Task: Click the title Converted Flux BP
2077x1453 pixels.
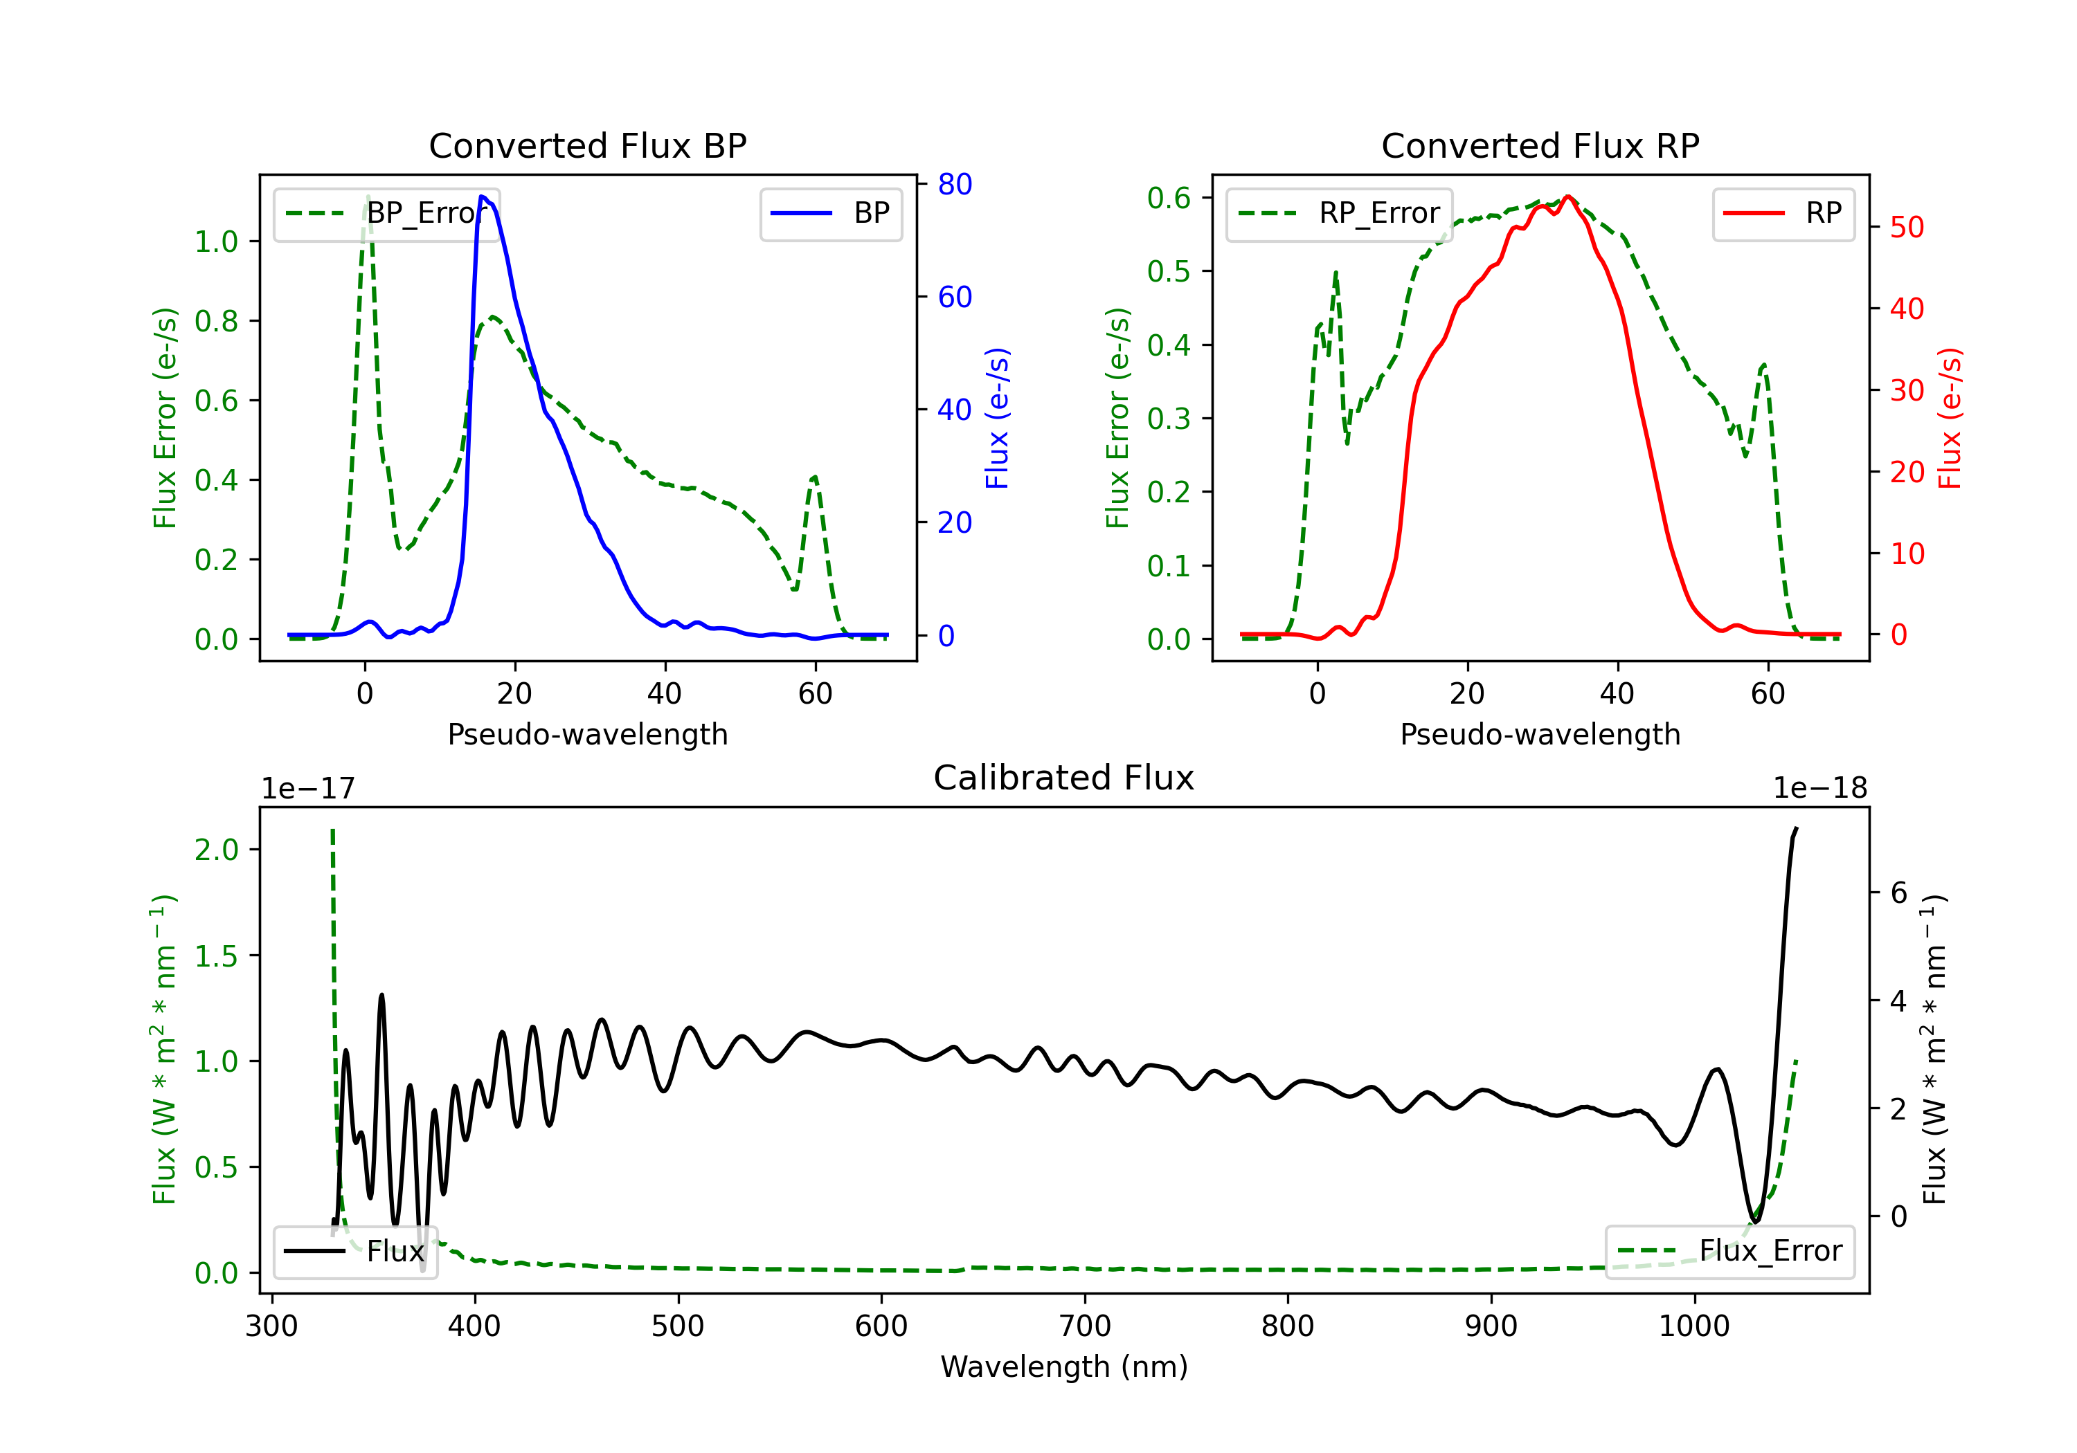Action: click(x=587, y=145)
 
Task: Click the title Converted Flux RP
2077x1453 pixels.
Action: click(x=1540, y=145)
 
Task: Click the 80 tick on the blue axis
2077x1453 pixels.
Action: click(x=954, y=185)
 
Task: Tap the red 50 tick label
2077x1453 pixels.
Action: click(x=1907, y=227)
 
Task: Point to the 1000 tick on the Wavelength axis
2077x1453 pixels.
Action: click(x=1693, y=1326)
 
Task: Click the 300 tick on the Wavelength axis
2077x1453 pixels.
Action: click(x=271, y=1326)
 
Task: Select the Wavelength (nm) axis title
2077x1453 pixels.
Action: click(x=1064, y=1367)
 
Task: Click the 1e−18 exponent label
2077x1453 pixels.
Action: click(x=1819, y=789)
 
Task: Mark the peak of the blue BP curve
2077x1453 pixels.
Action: click(x=482, y=197)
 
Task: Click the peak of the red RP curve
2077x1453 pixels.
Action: click(x=1567, y=197)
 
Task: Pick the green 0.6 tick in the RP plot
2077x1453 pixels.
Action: click(x=1168, y=198)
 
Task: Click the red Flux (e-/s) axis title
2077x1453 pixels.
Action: click(x=1950, y=418)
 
